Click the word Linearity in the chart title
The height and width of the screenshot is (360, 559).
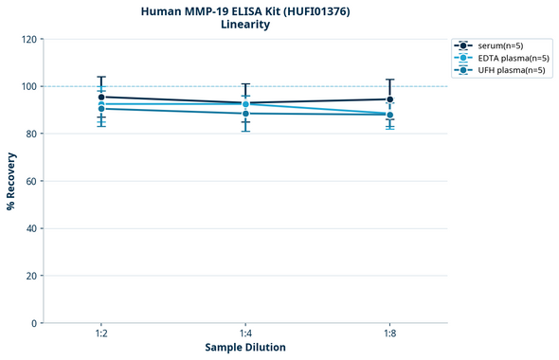(x=244, y=25)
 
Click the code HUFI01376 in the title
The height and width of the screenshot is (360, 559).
(x=315, y=10)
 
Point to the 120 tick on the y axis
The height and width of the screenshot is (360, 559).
(x=28, y=39)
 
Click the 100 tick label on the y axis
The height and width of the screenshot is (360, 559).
(x=28, y=86)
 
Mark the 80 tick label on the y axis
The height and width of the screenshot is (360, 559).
(x=31, y=134)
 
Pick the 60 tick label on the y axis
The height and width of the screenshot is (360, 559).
(x=31, y=181)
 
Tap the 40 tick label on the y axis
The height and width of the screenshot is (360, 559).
(x=31, y=228)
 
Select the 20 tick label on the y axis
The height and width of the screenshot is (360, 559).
(x=31, y=276)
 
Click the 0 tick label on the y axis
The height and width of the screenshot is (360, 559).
(x=34, y=323)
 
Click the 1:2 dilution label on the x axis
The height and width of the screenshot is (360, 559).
(x=101, y=334)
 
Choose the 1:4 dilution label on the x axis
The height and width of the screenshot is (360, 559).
(x=245, y=334)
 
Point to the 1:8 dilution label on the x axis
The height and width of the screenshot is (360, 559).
(x=389, y=334)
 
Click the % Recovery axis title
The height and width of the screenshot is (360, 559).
(x=11, y=181)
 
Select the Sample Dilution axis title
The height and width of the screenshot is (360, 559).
(x=245, y=348)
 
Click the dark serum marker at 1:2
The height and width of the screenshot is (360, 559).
(x=101, y=97)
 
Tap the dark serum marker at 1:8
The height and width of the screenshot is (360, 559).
(x=389, y=99)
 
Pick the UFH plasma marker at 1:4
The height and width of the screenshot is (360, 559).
(x=245, y=114)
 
